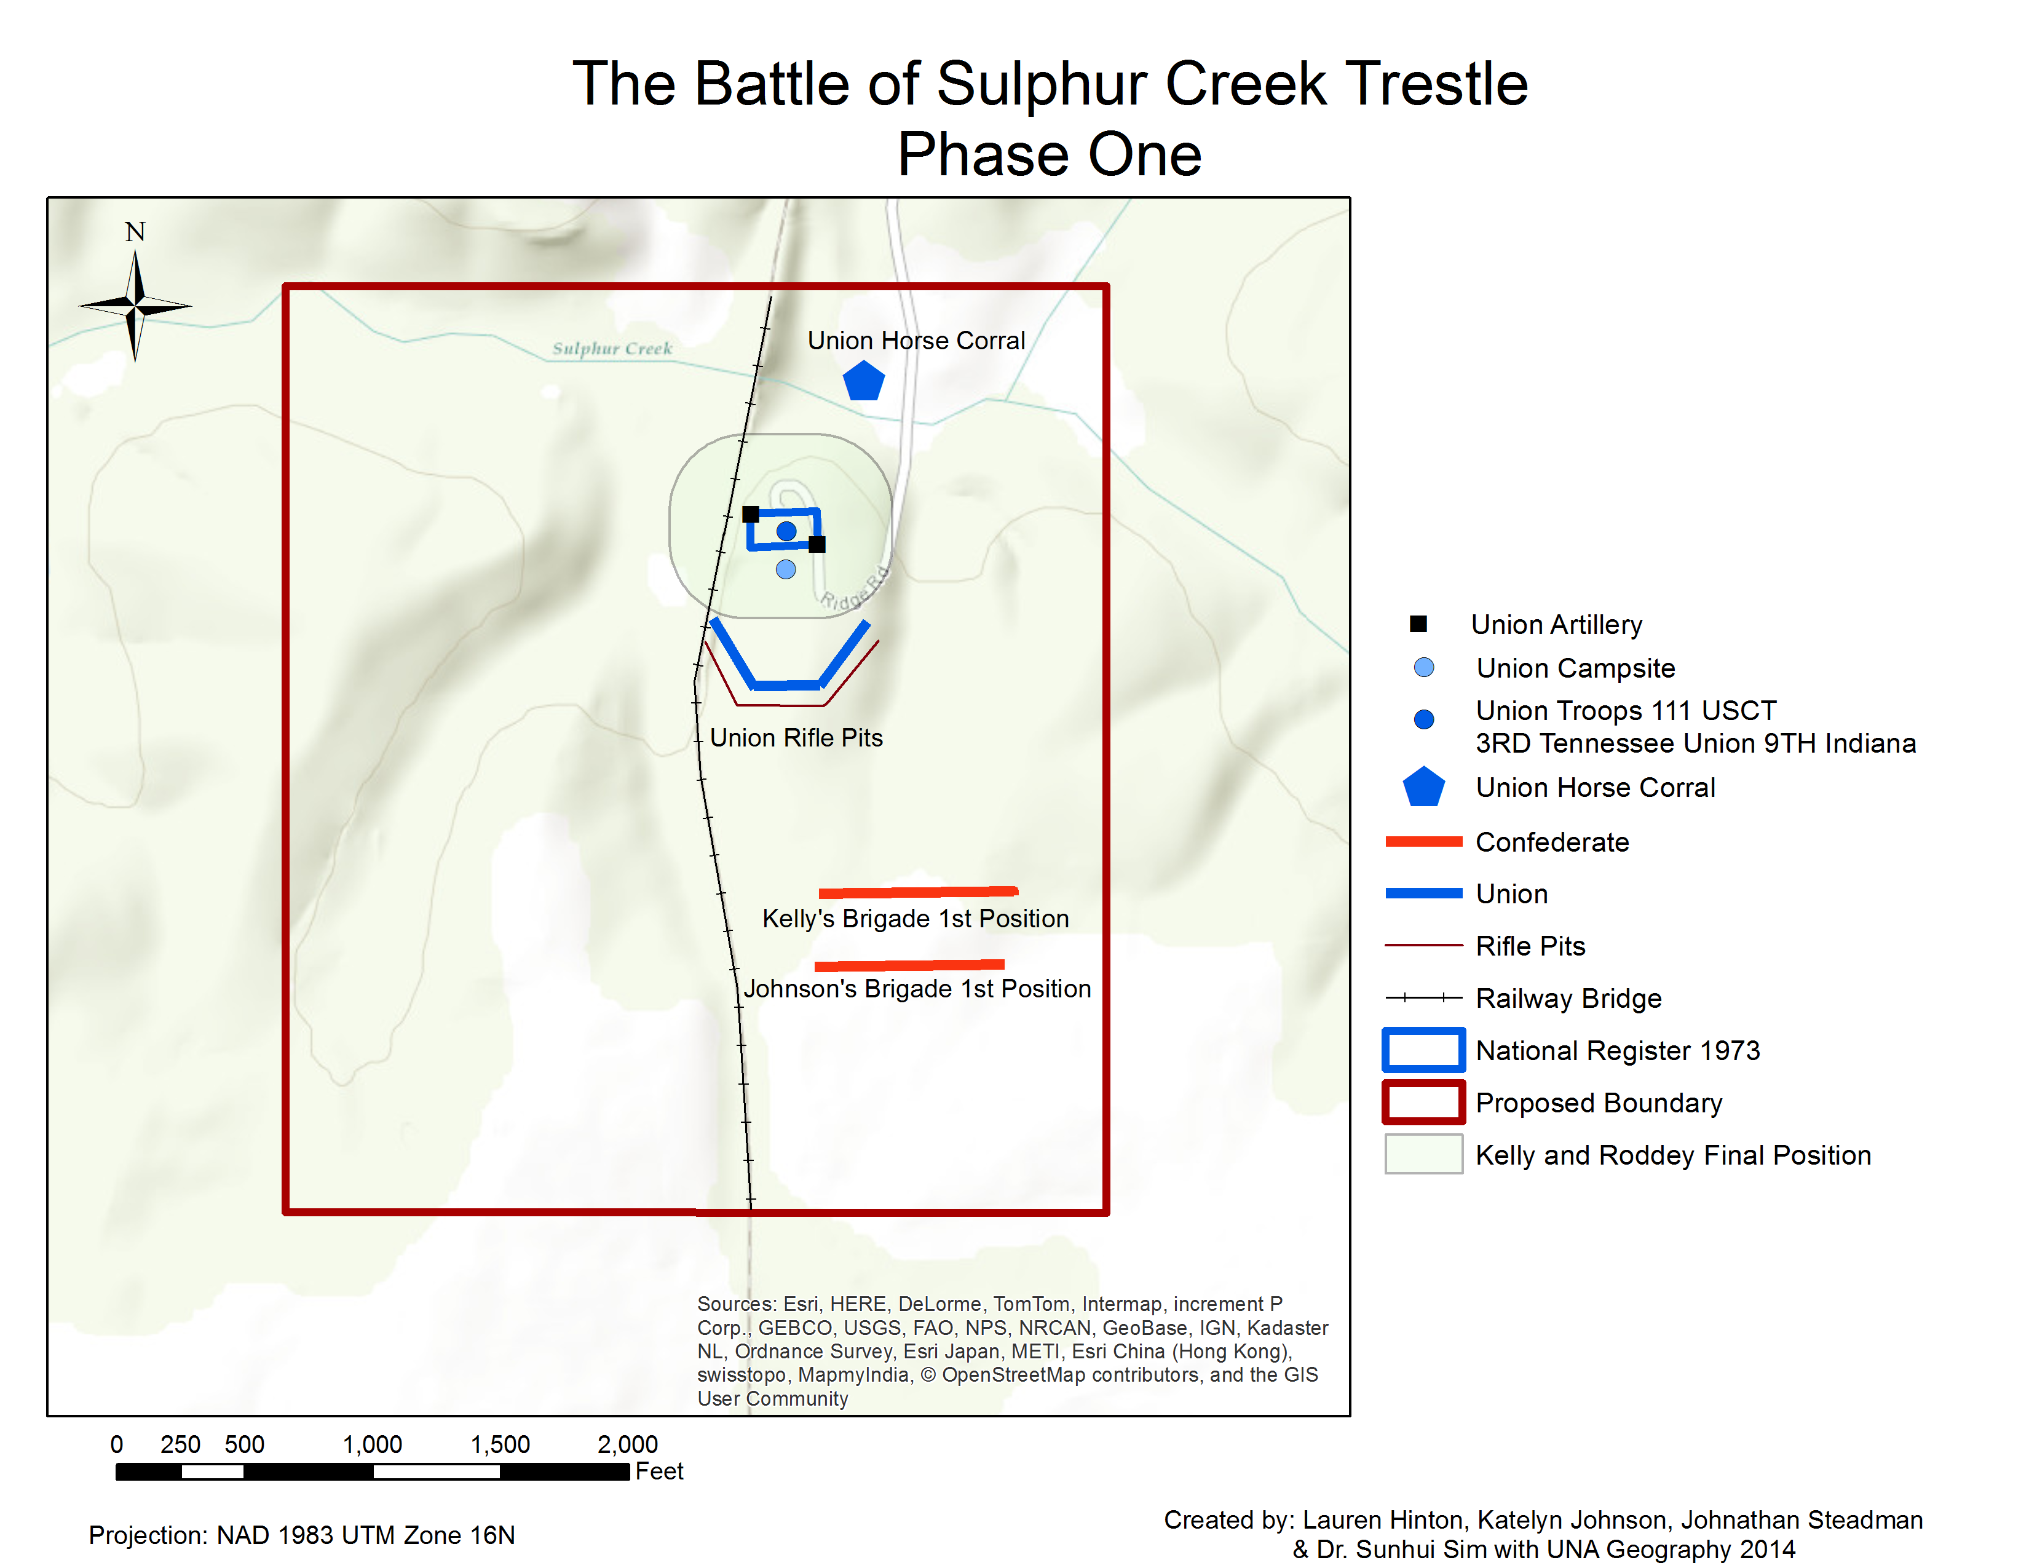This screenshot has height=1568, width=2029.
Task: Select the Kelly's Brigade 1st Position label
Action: [915, 919]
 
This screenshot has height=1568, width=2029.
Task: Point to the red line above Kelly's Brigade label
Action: [918, 892]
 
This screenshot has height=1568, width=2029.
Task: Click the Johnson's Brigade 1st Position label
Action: [917, 988]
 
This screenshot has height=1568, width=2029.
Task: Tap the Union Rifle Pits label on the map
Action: [796, 737]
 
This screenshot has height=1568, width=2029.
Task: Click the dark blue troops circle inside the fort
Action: [786, 531]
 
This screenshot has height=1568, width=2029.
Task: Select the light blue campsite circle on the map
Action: [786, 569]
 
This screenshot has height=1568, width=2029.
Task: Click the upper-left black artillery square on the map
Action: [751, 513]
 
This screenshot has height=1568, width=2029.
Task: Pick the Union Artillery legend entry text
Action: [1556, 624]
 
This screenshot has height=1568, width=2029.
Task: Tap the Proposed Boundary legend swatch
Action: [1423, 1103]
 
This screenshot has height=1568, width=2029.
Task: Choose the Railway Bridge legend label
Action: [1568, 999]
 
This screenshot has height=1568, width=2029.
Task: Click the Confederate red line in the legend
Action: [1423, 842]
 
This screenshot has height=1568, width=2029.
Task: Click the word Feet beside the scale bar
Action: [659, 1471]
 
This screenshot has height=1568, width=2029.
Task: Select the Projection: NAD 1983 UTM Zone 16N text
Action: [302, 1535]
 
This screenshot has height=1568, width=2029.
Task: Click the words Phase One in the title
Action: [1049, 154]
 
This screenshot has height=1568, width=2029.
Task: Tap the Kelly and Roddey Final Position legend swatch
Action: [1423, 1155]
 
